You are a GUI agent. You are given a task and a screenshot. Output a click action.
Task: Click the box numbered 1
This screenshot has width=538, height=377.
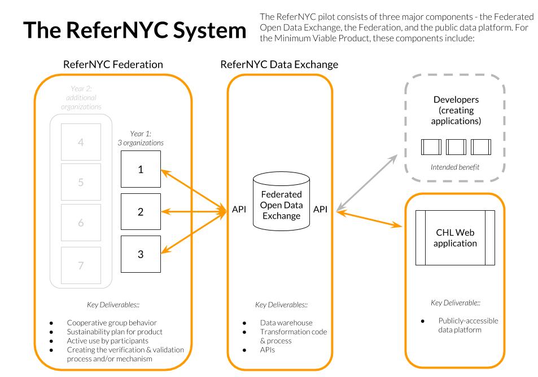click(140, 170)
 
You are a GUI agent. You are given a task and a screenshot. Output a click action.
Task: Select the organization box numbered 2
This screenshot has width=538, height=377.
click(140, 212)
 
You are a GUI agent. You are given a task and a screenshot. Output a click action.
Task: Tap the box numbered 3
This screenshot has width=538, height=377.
click(140, 254)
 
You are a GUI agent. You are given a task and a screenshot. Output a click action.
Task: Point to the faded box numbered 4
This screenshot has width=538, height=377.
click(81, 142)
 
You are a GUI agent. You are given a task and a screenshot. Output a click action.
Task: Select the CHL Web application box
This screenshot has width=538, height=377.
click(455, 237)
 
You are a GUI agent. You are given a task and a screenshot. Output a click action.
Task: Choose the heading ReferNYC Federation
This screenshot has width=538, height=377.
click(113, 65)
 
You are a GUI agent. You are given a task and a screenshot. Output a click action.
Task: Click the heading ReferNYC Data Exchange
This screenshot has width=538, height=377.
click(279, 65)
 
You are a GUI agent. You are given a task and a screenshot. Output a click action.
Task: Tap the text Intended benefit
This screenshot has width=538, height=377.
click(456, 167)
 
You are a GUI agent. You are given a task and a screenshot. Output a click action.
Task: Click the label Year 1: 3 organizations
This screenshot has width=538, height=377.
click(147, 139)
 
